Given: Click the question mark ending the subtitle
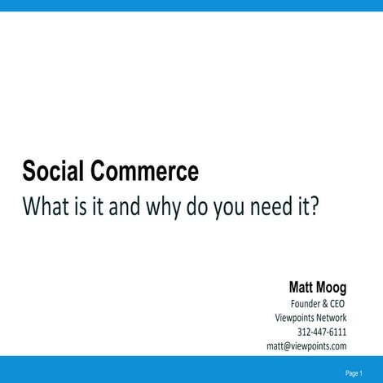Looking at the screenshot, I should coord(314,206).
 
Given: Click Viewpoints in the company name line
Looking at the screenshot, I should coord(297,318).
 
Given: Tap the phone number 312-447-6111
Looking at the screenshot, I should coord(322,332).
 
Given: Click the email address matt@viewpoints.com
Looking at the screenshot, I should coord(306,346).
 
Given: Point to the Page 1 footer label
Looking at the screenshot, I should coord(354,373).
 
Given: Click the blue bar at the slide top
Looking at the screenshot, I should coord(191,5).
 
